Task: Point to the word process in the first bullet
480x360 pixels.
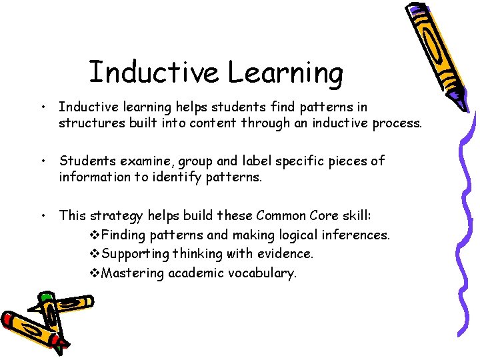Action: (x=397, y=123)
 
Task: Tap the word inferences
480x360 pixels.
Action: (x=358, y=235)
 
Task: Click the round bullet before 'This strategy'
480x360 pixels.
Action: (x=42, y=215)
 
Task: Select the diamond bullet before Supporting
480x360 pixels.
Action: (x=93, y=254)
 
